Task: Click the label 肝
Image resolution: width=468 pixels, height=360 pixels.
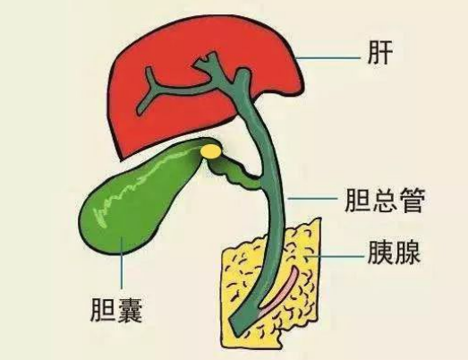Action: pyautogui.click(x=379, y=53)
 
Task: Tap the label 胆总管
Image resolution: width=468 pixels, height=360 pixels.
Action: pyautogui.click(x=385, y=201)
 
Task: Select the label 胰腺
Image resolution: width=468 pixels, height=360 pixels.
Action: pyautogui.click(x=394, y=253)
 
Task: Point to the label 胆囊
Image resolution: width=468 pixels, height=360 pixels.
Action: pyautogui.click(x=116, y=310)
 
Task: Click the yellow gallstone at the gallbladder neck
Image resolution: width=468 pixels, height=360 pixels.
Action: pyautogui.click(x=211, y=150)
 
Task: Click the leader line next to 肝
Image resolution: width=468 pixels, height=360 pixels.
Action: pyautogui.click(x=328, y=58)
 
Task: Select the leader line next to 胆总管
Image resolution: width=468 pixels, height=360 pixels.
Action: pyautogui.click(x=312, y=198)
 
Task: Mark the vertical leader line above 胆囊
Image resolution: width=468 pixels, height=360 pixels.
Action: pyautogui.click(x=122, y=262)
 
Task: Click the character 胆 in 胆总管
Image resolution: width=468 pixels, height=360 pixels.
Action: pyautogui.click(x=357, y=201)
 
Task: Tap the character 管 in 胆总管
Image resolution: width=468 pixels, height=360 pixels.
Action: pyautogui.click(x=413, y=201)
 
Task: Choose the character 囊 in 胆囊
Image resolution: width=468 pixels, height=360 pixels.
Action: pyautogui.click(x=130, y=310)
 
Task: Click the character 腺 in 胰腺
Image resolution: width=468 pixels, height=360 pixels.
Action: pyautogui.click(x=408, y=253)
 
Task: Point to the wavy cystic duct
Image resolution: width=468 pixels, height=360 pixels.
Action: pyautogui.click(x=236, y=173)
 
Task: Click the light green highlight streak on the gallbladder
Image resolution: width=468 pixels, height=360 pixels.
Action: pyautogui.click(x=143, y=185)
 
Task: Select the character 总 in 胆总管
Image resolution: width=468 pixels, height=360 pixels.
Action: pyautogui.click(x=385, y=201)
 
